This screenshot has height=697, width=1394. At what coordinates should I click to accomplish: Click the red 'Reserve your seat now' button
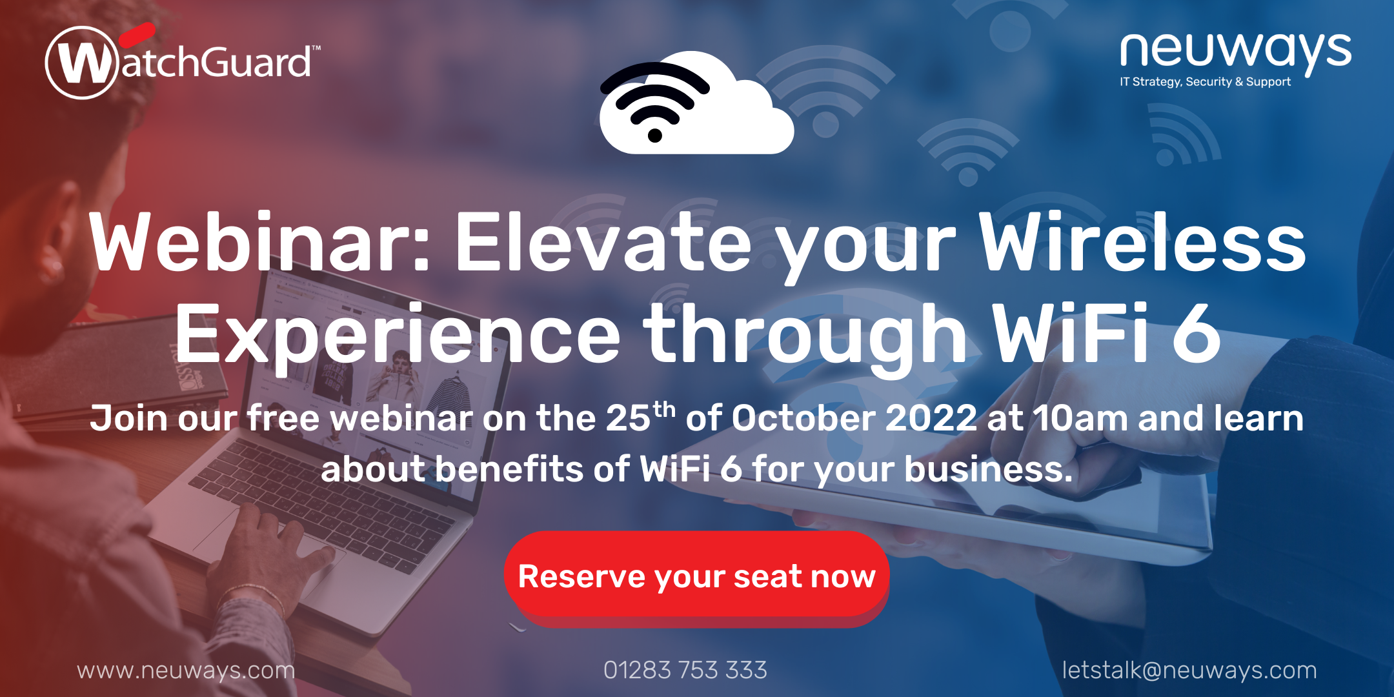(697, 576)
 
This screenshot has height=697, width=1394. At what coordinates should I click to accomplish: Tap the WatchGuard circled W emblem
(83, 63)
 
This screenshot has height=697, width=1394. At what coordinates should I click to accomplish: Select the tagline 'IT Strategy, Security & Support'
(1205, 82)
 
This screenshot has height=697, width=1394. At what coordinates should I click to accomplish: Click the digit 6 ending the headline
(1195, 334)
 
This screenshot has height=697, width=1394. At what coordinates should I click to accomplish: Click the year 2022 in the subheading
(931, 419)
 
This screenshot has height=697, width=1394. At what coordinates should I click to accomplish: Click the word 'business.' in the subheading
(988, 470)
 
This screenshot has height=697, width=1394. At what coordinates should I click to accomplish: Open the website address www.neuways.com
(186, 671)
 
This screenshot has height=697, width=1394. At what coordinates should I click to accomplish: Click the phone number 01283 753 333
(685, 671)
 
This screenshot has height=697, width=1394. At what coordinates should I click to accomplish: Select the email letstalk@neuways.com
(1189, 671)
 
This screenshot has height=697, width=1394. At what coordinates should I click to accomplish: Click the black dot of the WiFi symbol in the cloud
(654, 136)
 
